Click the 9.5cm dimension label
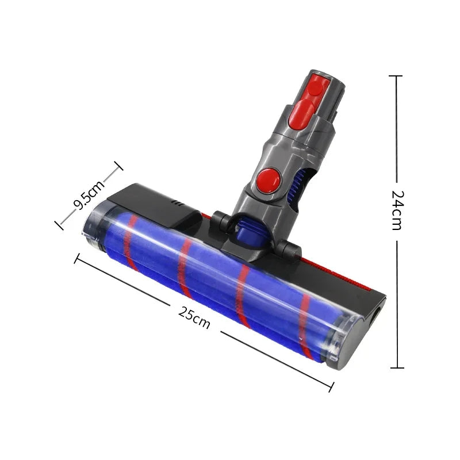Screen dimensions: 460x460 coord(89,196)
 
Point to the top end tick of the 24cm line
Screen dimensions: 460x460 coord(396,75)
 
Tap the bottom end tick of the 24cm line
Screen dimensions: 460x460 coord(396,367)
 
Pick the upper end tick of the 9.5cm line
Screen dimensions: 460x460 coord(118,167)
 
